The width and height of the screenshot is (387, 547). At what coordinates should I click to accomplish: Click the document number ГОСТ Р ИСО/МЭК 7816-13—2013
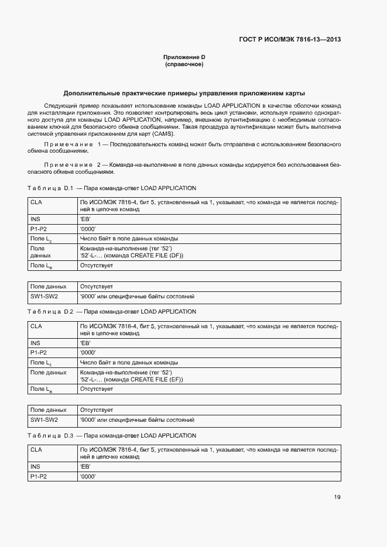pos(290,40)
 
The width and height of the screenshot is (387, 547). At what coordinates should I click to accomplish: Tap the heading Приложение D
pos(184,57)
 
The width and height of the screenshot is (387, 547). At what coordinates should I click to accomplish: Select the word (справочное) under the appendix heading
pos(184,64)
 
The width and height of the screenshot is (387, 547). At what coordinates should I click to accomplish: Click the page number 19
pos(337,497)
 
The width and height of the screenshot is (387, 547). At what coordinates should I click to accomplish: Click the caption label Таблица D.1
pos(49,188)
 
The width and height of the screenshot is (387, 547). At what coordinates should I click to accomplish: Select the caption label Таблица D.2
pos(49,311)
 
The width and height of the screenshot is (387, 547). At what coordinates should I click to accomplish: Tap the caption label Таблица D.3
pos(49,436)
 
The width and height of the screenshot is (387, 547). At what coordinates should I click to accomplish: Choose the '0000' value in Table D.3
pos(87,477)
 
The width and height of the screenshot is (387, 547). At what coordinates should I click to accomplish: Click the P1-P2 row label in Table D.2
pos(38,353)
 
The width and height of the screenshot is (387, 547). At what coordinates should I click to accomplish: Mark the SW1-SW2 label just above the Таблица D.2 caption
pos(44,297)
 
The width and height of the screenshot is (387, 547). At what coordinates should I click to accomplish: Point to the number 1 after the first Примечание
pos(100,144)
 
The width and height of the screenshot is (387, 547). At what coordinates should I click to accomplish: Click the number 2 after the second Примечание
pos(100,166)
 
